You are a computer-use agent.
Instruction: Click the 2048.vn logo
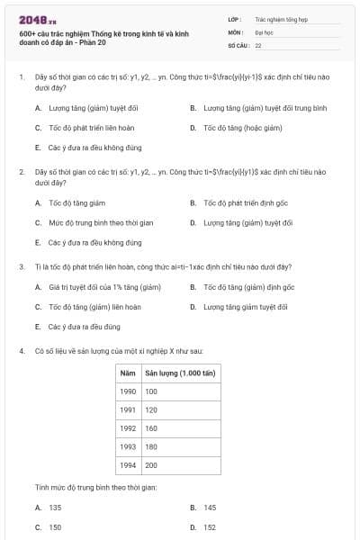(37, 19)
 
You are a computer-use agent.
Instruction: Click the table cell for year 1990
(128, 391)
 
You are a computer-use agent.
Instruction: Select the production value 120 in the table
(150, 409)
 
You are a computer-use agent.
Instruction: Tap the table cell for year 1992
(128, 428)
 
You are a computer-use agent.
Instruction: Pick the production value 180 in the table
(150, 446)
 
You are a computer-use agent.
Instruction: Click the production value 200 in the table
(150, 465)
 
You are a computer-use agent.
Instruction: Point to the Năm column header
(127, 373)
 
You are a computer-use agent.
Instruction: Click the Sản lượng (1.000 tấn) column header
(171, 373)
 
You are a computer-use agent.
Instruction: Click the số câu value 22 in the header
(258, 44)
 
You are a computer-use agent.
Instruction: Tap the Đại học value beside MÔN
(263, 31)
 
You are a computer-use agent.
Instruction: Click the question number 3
(21, 266)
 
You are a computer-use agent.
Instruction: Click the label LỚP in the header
(235, 18)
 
